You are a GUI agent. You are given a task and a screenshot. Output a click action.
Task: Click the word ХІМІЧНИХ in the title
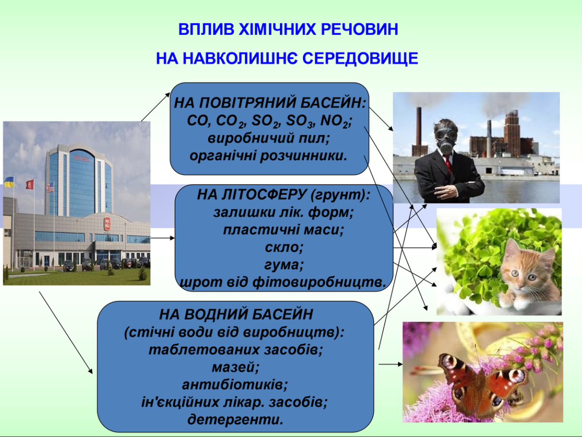tap(276, 29)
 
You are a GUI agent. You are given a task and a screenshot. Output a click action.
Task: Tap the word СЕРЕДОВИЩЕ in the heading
tap(360, 59)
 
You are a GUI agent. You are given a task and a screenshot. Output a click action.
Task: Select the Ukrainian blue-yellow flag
tap(9, 182)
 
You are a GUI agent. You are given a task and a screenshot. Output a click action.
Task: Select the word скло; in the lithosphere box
tap(284, 247)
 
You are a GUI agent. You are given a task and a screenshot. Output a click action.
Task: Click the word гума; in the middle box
tap(284, 265)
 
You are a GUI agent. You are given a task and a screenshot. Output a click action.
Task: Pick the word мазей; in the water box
tap(235, 367)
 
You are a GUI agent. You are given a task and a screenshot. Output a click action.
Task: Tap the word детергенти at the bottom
tap(235, 420)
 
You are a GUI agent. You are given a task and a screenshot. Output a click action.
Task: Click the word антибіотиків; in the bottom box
tap(235, 385)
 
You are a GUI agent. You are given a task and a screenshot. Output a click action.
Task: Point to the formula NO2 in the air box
tap(336, 121)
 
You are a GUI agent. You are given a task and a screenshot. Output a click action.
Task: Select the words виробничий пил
tap(268, 138)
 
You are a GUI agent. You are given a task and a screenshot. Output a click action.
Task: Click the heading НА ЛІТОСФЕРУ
tap(252, 195)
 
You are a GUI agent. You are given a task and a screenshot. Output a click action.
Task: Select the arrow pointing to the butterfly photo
tap(390, 364)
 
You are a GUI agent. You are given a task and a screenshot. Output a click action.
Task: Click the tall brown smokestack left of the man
tap(419, 131)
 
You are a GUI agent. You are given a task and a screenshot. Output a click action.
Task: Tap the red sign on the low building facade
tap(107, 224)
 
